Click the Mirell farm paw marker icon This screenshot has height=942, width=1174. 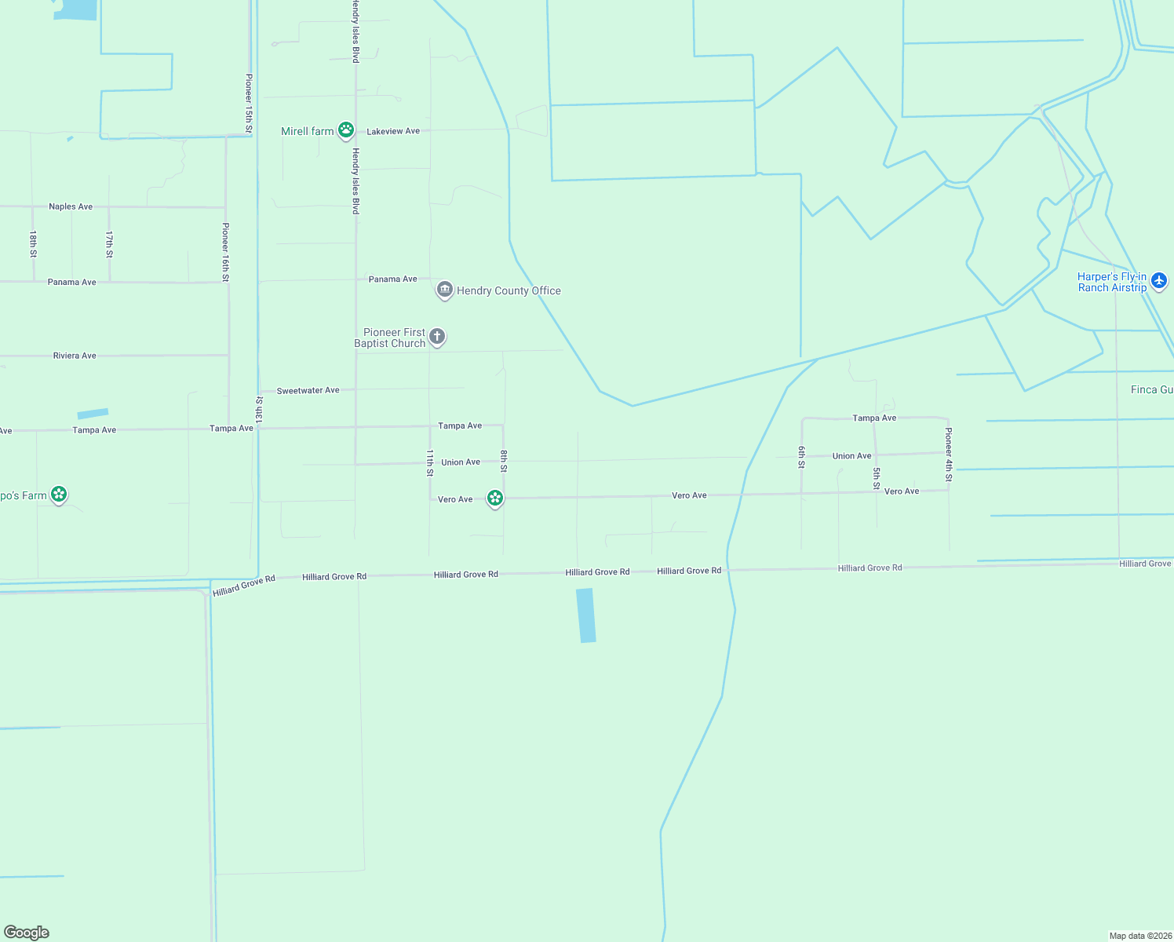coord(346,130)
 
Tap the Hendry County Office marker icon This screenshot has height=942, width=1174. coord(445,290)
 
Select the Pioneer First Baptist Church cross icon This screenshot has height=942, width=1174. coord(437,337)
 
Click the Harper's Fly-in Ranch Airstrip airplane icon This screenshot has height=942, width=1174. coord(1159,280)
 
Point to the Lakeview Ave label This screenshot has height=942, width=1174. coord(393,131)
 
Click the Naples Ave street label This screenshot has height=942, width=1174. coord(71,206)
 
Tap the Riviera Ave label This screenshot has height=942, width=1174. coord(75,356)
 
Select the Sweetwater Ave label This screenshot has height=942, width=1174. coord(308,390)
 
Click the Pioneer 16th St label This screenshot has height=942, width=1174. coord(225,252)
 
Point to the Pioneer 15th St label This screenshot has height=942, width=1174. coord(249,104)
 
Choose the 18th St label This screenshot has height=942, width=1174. coord(33,244)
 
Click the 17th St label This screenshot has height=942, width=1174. coord(109,244)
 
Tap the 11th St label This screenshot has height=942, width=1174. coord(429,462)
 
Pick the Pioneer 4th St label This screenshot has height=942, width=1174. coord(949,455)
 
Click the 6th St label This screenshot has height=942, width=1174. coord(801,457)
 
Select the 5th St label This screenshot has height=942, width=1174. coord(877,478)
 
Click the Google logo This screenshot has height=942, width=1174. coord(27,933)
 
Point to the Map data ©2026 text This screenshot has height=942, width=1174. coord(1139,936)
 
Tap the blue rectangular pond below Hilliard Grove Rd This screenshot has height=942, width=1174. coord(586,615)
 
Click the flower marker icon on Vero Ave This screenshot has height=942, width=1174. coord(494,498)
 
